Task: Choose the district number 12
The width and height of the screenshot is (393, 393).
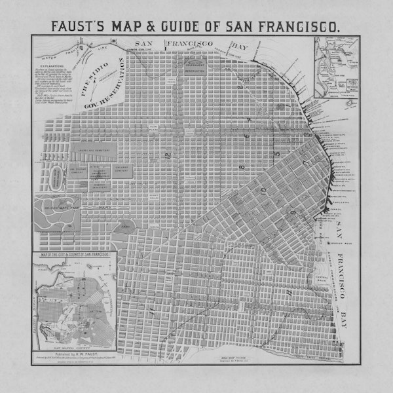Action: (168, 156)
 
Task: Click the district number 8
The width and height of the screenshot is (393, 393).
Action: (242, 166)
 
